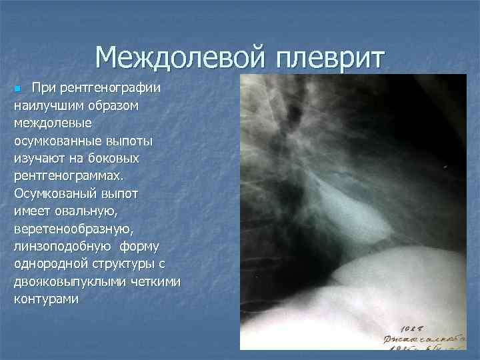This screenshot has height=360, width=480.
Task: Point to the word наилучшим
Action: pos(47,106)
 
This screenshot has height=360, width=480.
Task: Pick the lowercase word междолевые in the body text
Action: pos(53,124)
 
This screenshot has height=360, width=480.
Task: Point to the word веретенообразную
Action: pos(73,229)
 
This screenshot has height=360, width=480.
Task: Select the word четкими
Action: pos(157,281)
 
